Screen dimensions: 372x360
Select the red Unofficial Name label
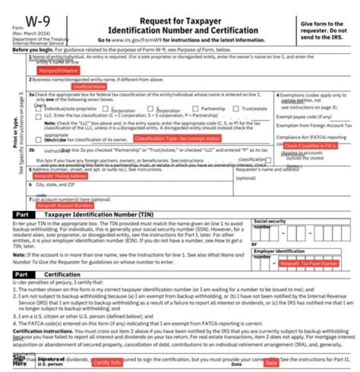[x=89, y=86]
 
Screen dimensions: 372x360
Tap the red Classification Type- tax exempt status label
[x=177, y=138]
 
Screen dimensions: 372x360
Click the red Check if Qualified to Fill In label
[x=310, y=145]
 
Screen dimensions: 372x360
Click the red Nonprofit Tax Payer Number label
[x=309, y=263]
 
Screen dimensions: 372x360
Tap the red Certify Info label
[x=107, y=362]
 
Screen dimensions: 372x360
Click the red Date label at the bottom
[x=271, y=362]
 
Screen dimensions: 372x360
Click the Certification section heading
[x=61, y=274]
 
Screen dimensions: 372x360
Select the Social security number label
[x=270, y=220]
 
